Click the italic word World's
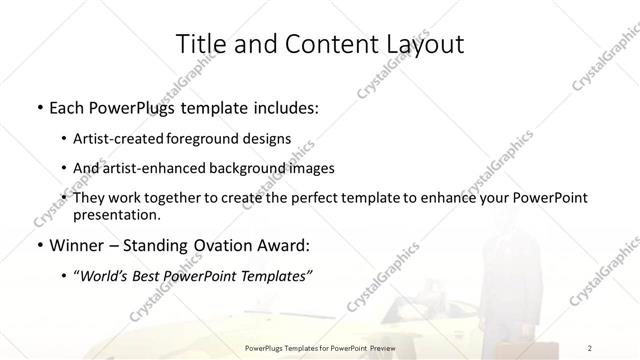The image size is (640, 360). (x=104, y=276)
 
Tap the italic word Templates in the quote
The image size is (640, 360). (x=272, y=276)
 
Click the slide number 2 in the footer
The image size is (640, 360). (x=590, y=348)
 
